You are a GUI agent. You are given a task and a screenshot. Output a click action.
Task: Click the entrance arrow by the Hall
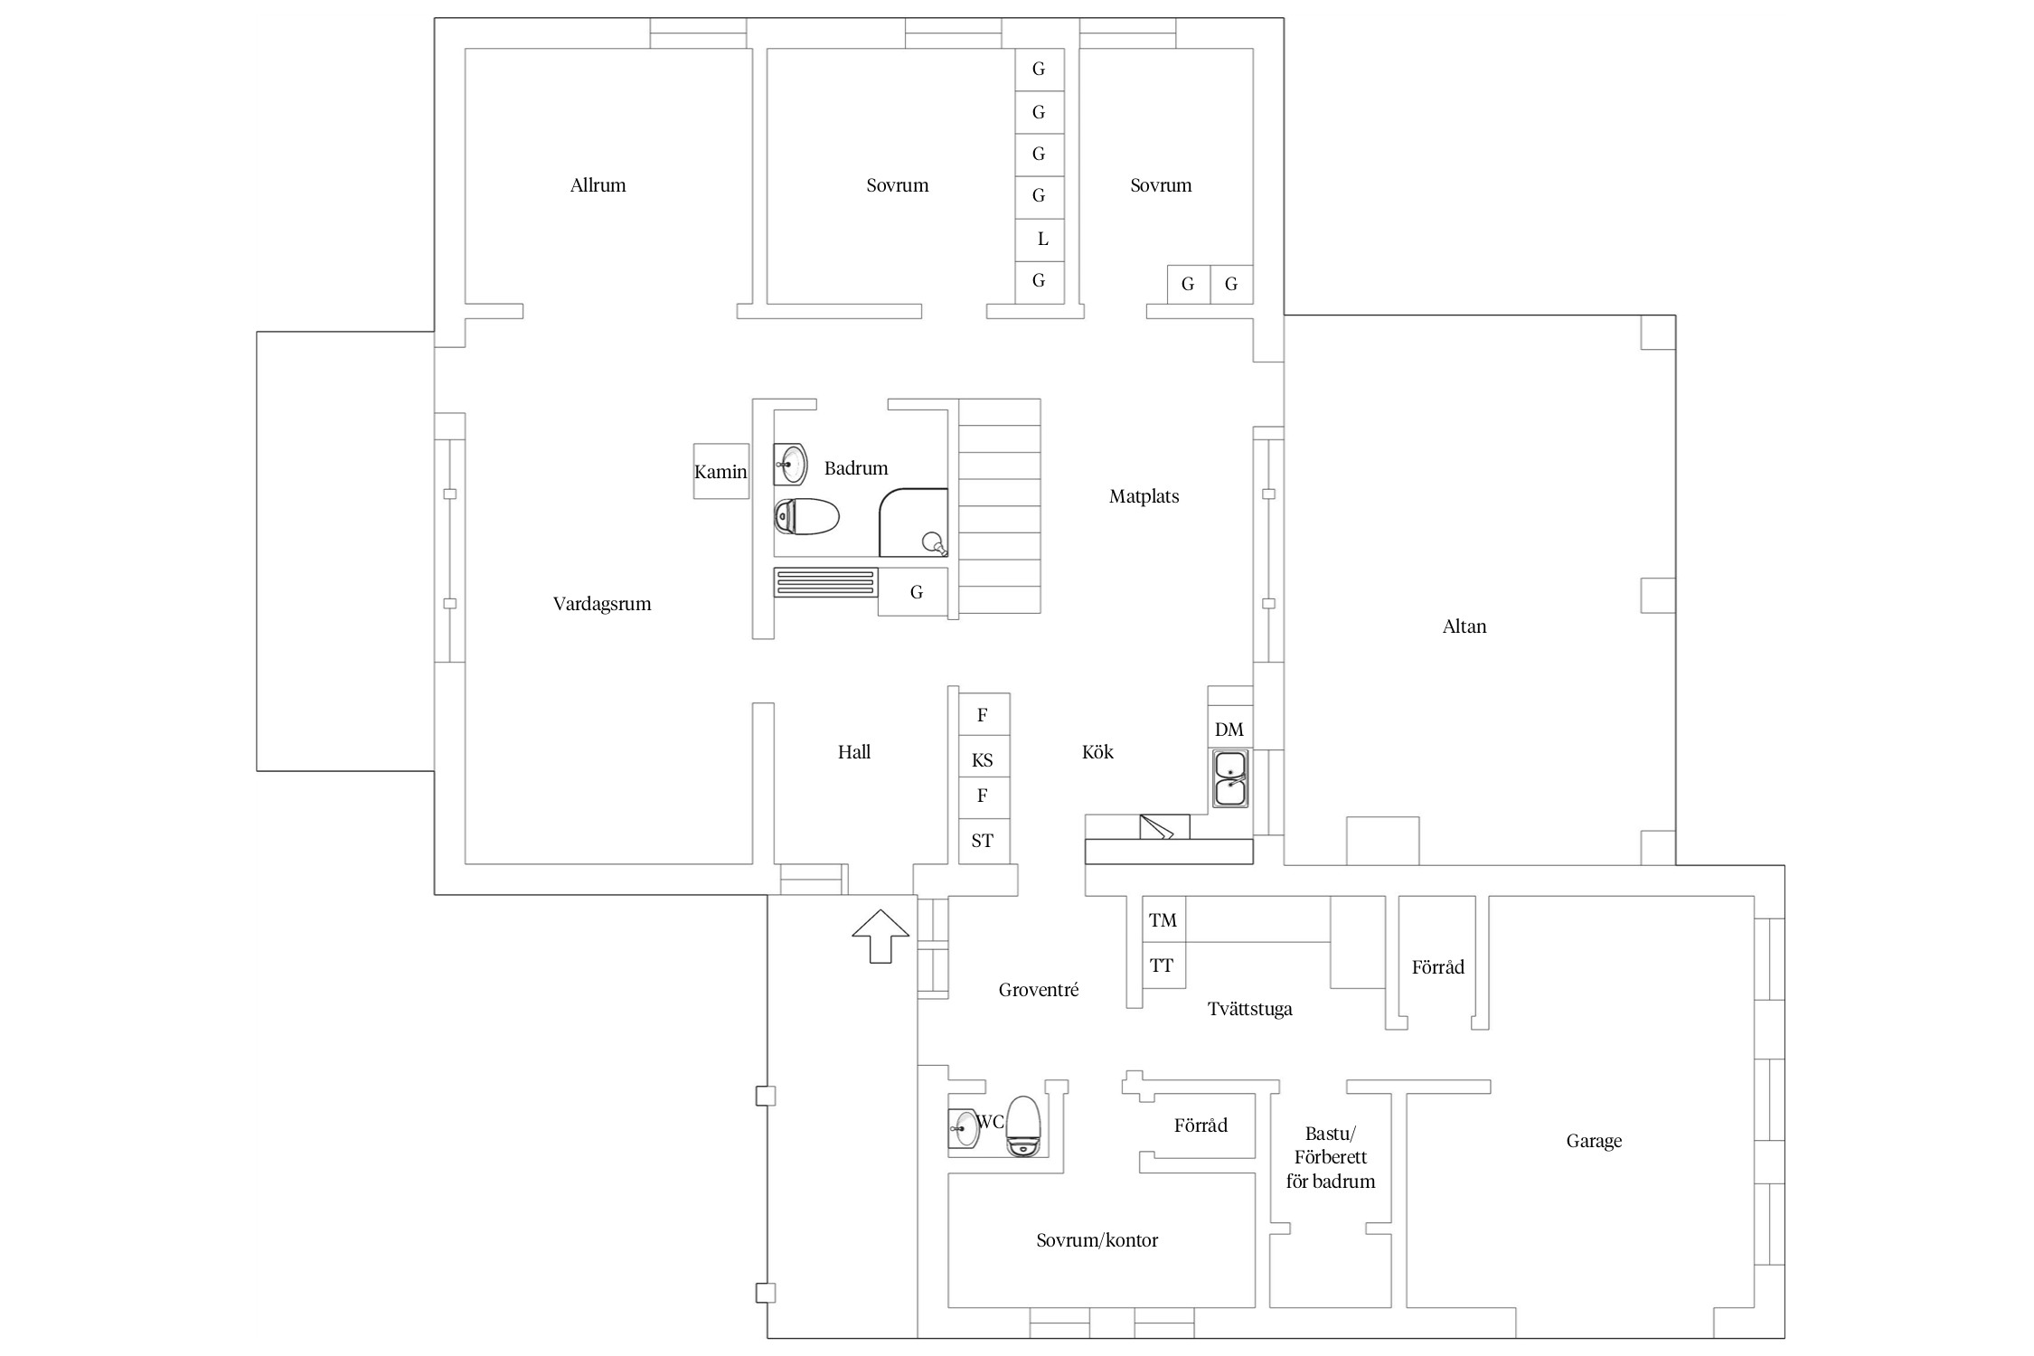(880, 936)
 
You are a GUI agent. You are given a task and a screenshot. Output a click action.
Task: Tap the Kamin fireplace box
(721, 471)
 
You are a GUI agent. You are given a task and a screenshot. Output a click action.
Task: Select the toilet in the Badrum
(806, 517)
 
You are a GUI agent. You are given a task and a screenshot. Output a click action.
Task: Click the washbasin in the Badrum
(790, 465)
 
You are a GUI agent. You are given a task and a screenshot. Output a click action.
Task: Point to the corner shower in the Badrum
(913, 523)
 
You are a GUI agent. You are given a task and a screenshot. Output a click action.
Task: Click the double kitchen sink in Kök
(1230, 778)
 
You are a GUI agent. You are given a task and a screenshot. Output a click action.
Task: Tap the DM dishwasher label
(1229, 730)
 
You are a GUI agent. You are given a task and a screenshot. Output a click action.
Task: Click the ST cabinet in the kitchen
(984, 841)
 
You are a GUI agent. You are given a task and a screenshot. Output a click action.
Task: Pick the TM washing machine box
(1163, 919)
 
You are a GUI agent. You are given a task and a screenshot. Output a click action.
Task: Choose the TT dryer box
(1163, 965)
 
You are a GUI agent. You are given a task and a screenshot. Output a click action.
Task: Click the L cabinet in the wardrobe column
(1040, 240)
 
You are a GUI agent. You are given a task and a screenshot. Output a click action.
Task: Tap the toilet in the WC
(1023, 1126)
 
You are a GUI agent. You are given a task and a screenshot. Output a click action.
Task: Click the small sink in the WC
(964, 1127)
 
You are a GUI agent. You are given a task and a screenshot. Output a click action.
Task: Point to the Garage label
(1594, 1142)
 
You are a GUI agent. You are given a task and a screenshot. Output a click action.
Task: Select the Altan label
(1464, 626)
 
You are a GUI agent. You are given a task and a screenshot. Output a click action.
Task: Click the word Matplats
(1144, 496)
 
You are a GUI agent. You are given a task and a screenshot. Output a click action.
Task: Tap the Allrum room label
(598, 185)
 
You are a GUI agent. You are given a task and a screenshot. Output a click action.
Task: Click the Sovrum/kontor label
(1097, 1240)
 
